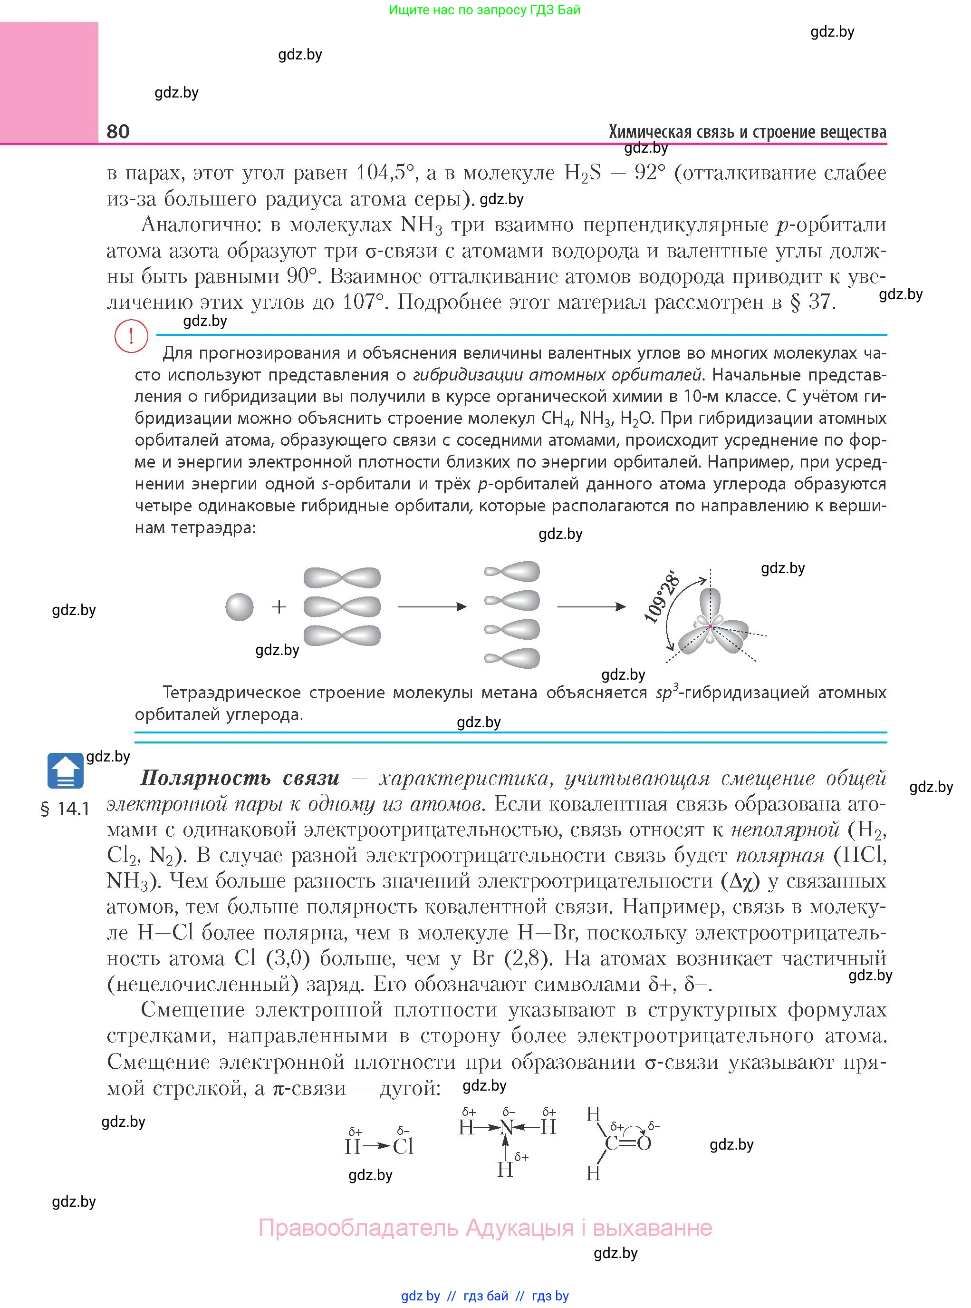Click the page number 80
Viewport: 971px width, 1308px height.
[118, 131]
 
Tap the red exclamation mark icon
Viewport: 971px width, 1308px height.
[131, 336]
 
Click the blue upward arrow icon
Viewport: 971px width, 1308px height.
[65, 770]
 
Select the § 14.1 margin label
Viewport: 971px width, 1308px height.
[65, 809]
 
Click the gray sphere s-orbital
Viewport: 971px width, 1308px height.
[239, 607]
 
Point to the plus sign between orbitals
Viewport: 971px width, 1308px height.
[279, 607]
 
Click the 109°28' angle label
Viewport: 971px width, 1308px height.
[663, 596]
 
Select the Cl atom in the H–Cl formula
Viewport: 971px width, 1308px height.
[403, 1147]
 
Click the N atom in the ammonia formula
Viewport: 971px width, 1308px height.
[506, 1127]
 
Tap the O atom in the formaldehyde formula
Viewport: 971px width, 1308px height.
[644, 1143]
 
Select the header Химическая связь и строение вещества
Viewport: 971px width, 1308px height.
[747, 132]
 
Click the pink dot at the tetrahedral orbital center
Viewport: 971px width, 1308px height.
[710, 626]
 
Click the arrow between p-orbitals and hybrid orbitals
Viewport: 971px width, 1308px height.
[432, 607]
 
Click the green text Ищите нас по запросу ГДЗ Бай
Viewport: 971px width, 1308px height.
[484, 10]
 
